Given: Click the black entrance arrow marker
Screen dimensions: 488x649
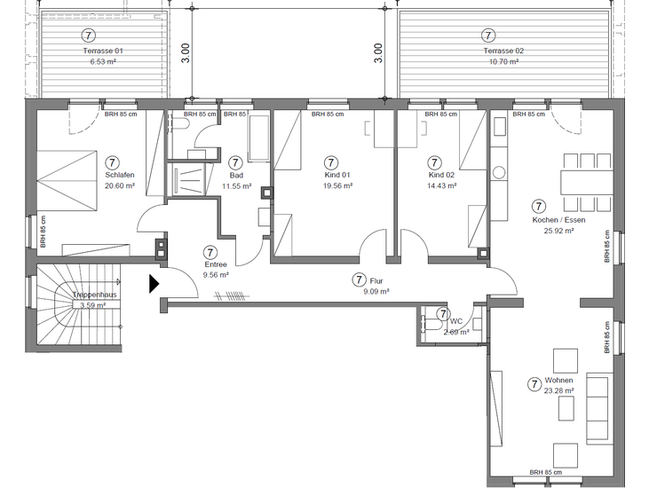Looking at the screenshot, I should point(154,284).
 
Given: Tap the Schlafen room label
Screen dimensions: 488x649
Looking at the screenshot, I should point(119,176).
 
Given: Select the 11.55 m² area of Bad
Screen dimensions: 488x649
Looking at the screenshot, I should point(237,186).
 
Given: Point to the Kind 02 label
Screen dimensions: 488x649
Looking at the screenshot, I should point(440,176).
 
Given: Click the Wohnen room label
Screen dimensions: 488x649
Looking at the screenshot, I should point(558,381).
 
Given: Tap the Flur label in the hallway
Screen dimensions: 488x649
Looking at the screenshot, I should point(376,279).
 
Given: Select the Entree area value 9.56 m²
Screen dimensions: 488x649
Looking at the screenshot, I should point(215,275).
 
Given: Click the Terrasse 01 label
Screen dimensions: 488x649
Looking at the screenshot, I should point(102,51).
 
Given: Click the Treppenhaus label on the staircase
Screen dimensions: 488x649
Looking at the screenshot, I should point(96,294).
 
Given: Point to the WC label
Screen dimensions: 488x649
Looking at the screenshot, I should point(456,321).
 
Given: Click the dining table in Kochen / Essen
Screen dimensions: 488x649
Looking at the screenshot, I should point(585,182).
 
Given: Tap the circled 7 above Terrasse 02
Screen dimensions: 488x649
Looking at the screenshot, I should point(487,35).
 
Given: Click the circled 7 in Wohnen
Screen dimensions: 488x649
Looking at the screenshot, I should point(534,384).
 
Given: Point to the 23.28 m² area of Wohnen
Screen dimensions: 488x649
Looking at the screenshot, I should point(558,391).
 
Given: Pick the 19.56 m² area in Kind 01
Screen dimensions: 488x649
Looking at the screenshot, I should point(338,186).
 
